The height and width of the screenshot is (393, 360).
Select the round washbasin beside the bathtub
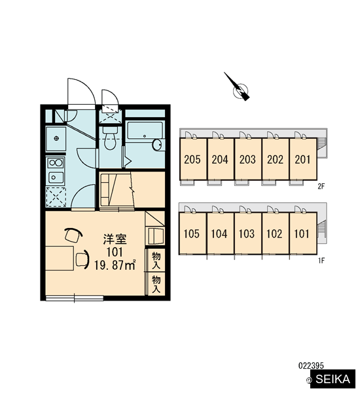pos(157,145)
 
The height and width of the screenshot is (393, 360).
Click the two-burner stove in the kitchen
pos(56,162)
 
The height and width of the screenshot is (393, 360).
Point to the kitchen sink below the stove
pos(56,178)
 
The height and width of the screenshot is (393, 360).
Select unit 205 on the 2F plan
pos(193,159)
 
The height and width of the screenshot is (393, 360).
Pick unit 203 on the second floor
pos(248,159)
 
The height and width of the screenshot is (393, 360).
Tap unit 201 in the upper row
pos(303,159)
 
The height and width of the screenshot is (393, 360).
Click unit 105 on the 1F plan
pos(192,233)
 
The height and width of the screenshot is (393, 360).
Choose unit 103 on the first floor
pos(247,233)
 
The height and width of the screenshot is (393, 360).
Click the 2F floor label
pos(321,187)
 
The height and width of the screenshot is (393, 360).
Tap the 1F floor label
pos(321,261)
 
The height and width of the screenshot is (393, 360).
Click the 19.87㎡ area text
pos(115,265)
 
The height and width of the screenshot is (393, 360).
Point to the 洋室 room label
pos(115,239)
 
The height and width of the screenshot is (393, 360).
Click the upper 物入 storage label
pos(156,261)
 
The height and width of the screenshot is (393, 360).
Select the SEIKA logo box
pos(333,379)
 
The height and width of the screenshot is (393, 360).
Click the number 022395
pos(311,365)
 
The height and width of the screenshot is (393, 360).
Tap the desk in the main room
pos(60,258)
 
